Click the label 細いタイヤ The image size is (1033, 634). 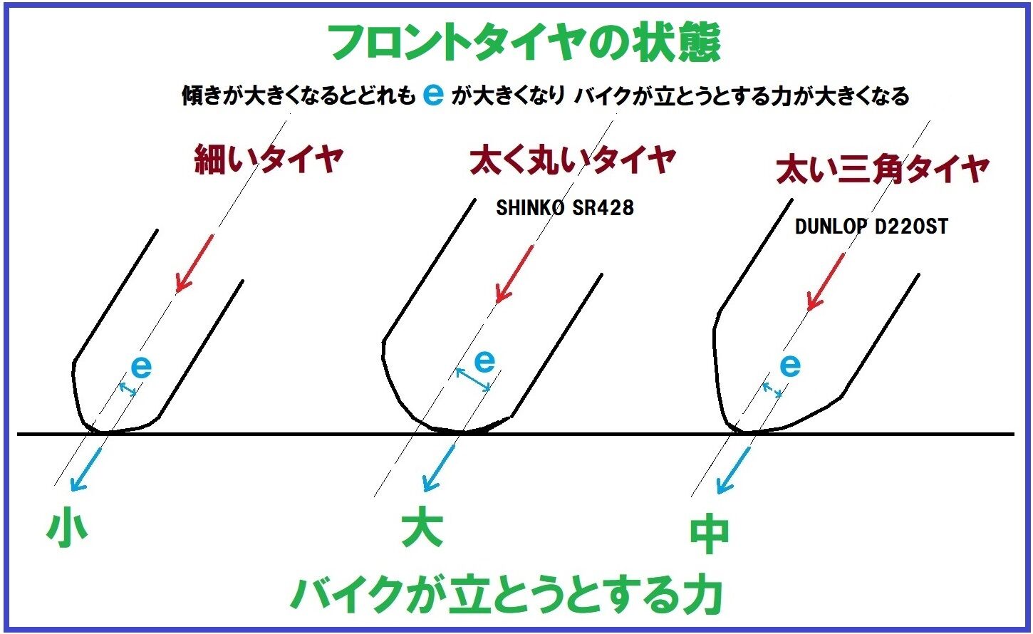click(x=269, y=160)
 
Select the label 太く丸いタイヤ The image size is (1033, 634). click(x=572, y=160)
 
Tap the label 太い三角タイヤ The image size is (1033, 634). click(x=882, y=170)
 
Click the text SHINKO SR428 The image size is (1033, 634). click(x=564, y=208)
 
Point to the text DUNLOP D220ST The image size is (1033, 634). click(x=871, y=227)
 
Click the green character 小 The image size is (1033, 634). click(x=67, y=528)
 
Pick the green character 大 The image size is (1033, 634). click(x=422, y=528)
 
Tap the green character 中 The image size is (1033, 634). click(x=709, y=535)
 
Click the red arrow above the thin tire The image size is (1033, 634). click(x=194, y=263)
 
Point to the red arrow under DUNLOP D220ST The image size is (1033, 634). click(x=826, y=281)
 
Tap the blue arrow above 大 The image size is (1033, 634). click(x=439, y=467)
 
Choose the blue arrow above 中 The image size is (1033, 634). click(x=734, y=470)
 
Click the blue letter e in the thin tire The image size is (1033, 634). click(x=142, y=368)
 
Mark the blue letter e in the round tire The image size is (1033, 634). click(x=484, y=361)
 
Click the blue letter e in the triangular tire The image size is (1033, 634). click(x=790, y=365)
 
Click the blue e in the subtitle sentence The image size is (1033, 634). click(x=432, y=95)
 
